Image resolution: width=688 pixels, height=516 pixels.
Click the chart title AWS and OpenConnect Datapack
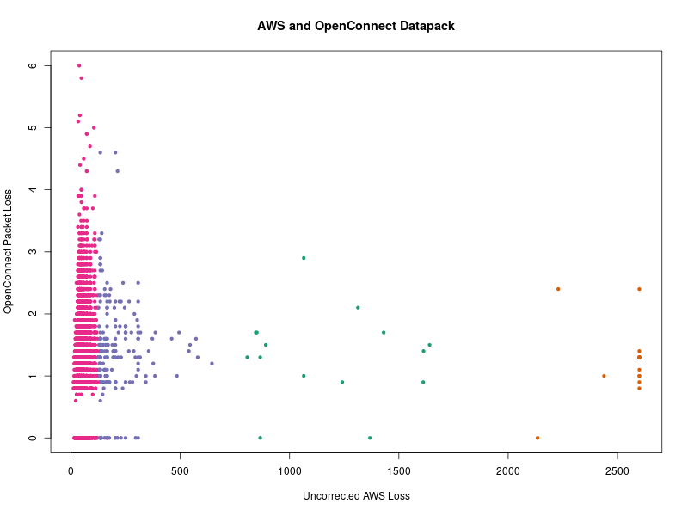tap(356, 26)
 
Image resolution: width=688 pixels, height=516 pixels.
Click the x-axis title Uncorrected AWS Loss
tap(356, 496)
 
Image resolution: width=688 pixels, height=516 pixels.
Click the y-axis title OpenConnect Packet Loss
tap(9, 251)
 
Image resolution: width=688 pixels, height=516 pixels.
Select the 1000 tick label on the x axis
tap(290, 471)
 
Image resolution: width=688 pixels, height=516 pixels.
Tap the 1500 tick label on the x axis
tap(399, 471)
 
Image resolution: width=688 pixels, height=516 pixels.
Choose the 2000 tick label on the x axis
tap(508, 471)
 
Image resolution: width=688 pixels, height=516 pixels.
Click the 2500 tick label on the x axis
tap(617, 471)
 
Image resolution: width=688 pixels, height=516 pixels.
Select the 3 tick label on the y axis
tap(57, 251)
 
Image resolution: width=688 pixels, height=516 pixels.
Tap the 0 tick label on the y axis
tap(57, 438)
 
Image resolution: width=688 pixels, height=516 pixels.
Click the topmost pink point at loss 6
tap(79, 65)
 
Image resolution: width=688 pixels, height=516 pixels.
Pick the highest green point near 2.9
tap(304, 258)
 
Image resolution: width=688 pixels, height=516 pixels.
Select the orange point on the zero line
tap(537, 438)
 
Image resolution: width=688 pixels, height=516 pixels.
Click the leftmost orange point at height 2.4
tap(558, 289)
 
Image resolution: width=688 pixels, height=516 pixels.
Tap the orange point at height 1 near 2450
tap(604, 376)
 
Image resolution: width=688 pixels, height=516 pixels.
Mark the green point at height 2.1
tap(358, 307)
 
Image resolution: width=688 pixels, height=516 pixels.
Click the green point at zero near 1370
tap(370, 438)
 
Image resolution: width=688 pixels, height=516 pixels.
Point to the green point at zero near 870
tap(260, 438)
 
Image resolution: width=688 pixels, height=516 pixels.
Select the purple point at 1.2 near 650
tap(212, 363)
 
